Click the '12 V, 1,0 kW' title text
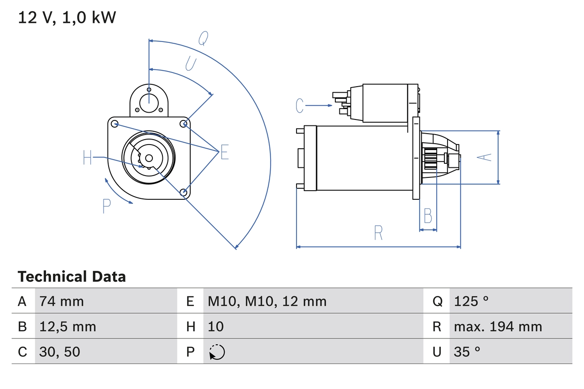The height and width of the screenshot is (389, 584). (x=67, y=18)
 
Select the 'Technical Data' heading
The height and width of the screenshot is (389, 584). (x=72, y=277)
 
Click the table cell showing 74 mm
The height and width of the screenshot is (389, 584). (x=62, y=301)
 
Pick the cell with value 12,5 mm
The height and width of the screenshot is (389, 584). (x=68, y=327)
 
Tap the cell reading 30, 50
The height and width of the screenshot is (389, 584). (x=60, y=352)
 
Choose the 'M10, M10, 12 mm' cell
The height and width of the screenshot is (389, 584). (x=267, y=301)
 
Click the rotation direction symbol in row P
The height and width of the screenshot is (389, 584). (x=217, y=352)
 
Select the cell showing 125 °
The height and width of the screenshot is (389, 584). (x=471, y=301)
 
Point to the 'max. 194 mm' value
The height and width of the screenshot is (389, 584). (x=498, y=327)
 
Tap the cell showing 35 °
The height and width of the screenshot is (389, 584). (x=467, y=352)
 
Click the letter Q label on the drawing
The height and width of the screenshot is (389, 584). (x=203, y=40)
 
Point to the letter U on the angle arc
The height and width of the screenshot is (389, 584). (x=191, y=64)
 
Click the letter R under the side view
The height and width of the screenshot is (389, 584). (x=378, y=233)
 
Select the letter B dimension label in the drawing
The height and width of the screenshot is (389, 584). (x=428, y=216)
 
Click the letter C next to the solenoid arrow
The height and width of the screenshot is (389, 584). (x=299, y=106)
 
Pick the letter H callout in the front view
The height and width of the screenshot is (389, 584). (x=88, y=158)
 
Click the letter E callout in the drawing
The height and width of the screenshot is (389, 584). (x=224, y=152)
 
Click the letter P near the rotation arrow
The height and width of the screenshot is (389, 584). (x=107, y=206)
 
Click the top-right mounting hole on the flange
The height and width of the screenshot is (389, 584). (x=184, y=124)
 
